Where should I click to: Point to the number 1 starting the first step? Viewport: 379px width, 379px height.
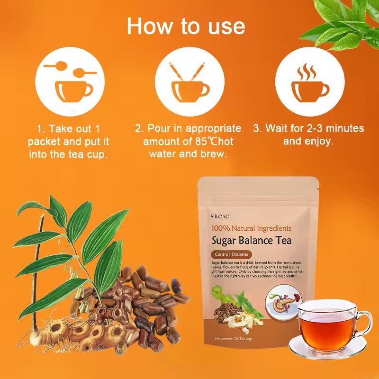point(40,128)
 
